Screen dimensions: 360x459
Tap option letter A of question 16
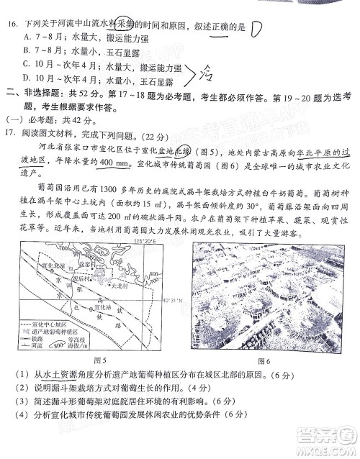(x=27, y=35)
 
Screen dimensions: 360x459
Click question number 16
(x=12, y=23)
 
